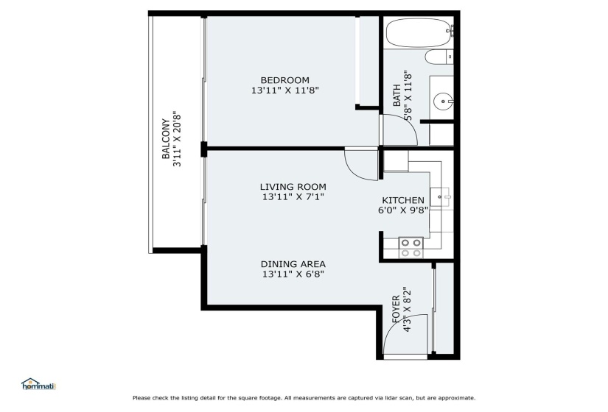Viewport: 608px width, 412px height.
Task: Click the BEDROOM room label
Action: pos(285,80)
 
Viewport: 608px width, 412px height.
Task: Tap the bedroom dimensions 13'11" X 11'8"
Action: pos(285,90)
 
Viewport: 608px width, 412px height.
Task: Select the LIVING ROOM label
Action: pos(293,187)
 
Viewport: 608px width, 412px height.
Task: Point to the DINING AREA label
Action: pos(293,264)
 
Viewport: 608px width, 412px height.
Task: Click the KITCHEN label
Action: pos(403,200)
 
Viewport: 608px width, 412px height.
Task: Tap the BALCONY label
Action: pos(166,139)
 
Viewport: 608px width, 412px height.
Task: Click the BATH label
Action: pos(396,96)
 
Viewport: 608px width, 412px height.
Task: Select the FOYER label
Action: pos(396,310)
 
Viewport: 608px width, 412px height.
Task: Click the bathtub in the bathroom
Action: pos(419,33)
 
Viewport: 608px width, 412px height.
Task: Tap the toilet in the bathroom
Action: pos(439,57)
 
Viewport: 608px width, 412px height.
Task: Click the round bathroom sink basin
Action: pos(443,102)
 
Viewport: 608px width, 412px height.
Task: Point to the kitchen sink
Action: pos(441,197)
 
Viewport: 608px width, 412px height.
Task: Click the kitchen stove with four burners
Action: pos(411,248)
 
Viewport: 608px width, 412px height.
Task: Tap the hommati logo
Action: pos(39,384)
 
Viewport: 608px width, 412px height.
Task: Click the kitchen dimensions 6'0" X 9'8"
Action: pos(403,210)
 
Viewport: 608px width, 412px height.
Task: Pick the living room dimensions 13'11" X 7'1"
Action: pos(293,196)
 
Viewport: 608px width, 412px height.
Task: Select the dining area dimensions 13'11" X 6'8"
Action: pos(293,274)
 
